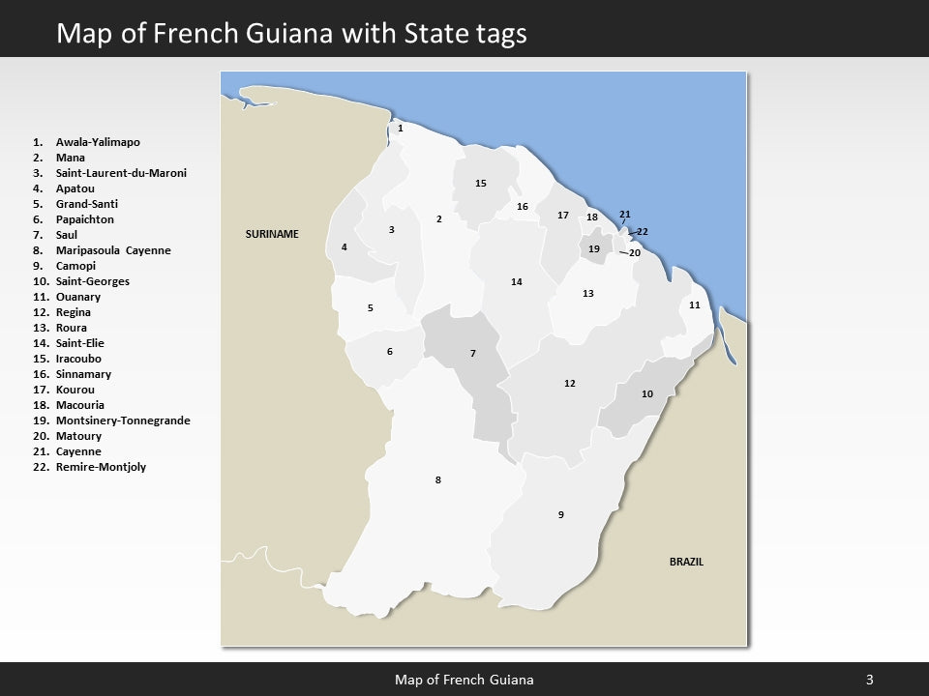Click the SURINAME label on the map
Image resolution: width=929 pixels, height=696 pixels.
click(272, 235)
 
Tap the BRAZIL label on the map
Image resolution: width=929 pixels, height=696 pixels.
click(686, 562)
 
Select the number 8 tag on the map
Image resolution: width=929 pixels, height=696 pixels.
click(438, 480)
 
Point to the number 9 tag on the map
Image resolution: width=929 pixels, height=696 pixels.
click(561, 514)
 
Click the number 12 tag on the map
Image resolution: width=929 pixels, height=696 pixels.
click(570, 384)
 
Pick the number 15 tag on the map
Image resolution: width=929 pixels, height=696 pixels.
click(481, 183)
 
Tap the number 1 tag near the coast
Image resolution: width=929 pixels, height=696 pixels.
click(401, 128)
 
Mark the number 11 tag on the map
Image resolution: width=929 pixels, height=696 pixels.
click(694, 305)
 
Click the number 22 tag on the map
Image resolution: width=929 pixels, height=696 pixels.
click(643, 232)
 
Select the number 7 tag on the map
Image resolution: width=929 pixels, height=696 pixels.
click(473, 353)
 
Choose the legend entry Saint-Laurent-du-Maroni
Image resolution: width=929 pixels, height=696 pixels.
click(121, 173)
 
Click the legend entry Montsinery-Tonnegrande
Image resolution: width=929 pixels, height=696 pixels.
click(123, 420)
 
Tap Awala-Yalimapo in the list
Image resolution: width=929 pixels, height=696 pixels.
click(98, 142)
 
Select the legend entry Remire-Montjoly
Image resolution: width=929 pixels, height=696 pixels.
click(102, 467)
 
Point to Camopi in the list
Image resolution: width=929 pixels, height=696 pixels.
click(76, 266)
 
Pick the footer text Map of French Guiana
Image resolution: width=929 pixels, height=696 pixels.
click(464, 680)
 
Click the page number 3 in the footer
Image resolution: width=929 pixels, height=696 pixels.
click(869, 680)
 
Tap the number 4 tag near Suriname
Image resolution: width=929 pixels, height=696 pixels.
click(344, 247)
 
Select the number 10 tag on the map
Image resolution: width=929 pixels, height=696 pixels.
click(647, 394)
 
